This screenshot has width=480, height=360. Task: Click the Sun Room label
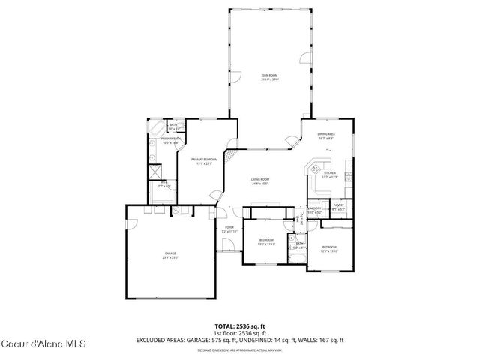tap(270, 77)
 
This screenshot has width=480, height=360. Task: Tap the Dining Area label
tap(326, 136)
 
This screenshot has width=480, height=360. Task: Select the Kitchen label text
tap(330, 176)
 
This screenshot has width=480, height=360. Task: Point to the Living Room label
tap(260, 181)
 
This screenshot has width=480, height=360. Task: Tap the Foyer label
tap(229, 230)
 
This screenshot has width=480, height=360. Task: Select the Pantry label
tap(339, 207)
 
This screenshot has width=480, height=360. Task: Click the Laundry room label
tap(315, 209)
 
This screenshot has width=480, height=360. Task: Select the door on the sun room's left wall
tap(234, 74)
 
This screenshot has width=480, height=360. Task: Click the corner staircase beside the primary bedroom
tap(234, 154)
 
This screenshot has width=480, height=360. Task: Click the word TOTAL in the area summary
tap(225, 326)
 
